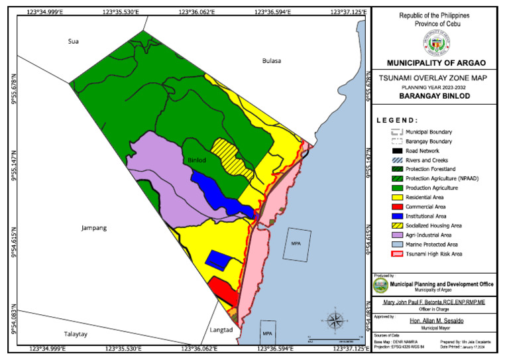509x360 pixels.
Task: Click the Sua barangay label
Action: click(x=74, y=41)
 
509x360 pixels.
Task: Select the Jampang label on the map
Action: click(x=93, y=227)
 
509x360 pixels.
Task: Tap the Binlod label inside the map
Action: click(x=198, y=160)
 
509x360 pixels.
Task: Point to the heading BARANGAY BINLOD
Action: click(x=435, y=95)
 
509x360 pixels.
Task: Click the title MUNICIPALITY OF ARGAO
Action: click(x=435, y=63)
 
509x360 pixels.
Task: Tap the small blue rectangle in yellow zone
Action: click(x=218, y=259)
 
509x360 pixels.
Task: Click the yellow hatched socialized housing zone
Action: click(x=231, y=157)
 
